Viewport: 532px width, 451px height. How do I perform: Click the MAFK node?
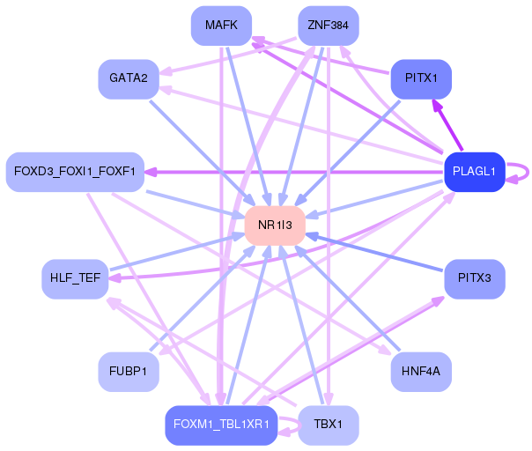pos(221,26)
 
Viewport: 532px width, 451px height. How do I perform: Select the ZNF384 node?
pos(328,26)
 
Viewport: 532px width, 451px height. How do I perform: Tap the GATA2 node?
pos(128,78)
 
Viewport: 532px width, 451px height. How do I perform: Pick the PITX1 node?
pos(421,78)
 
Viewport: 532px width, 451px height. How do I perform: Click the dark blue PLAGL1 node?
pos(475,171)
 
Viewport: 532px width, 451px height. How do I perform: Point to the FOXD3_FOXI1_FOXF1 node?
pos(74,171)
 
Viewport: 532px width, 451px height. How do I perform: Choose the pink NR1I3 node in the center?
pos(275,225)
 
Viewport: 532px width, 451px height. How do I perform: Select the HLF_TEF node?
pos(74,278)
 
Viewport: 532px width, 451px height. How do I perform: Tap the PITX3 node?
pos(475,278)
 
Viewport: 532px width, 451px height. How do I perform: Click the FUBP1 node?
pos(128,371)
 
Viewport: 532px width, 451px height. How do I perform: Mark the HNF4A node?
pos(421,371)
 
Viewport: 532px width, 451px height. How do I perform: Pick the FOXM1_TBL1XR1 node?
pos(221,425)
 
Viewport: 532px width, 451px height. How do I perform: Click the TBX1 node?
pos(328,425)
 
